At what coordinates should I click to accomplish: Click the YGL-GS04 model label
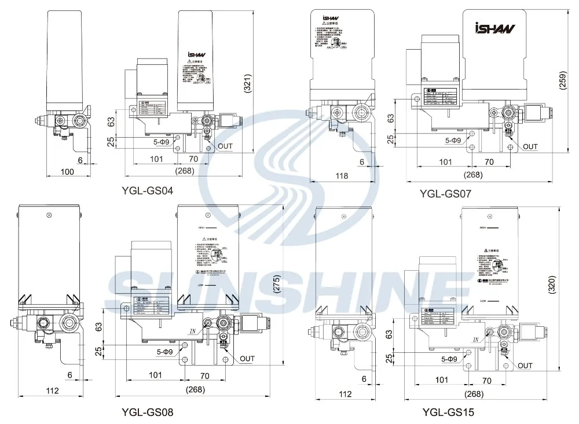[147, 190]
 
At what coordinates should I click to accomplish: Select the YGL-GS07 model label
[445, 194]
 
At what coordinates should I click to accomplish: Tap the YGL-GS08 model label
[147, 412]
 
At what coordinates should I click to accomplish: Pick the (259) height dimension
[563, 82]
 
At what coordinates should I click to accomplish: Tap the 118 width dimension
[342, 176]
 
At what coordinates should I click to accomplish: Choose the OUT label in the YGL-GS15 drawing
[525, 366]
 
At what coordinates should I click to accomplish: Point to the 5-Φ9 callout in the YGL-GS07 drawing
[453, 140]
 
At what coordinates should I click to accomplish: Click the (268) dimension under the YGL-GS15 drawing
[474, 394]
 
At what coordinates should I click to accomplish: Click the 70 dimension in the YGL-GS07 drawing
[489, 163]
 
